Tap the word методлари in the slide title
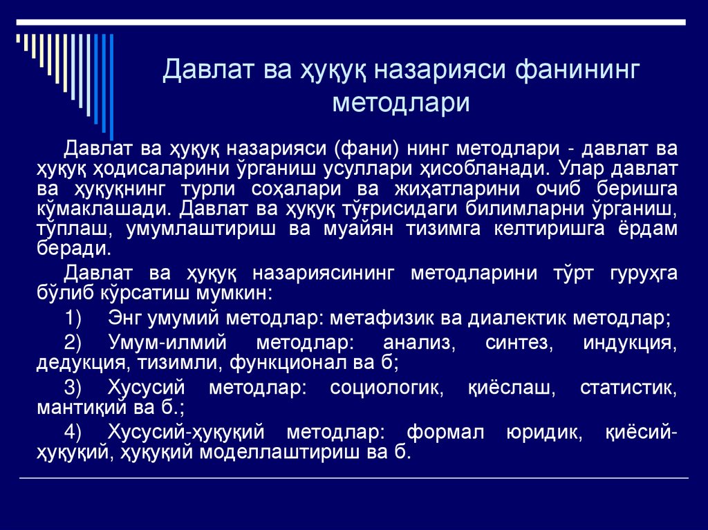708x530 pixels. (401, 102)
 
